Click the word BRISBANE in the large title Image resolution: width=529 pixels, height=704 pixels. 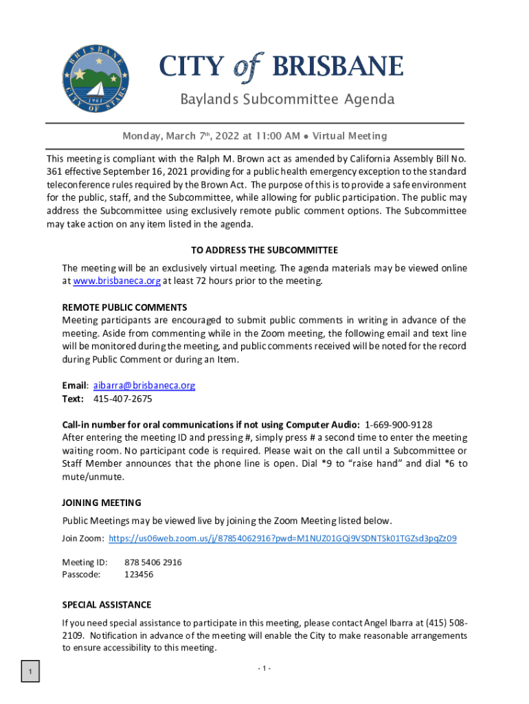click(337, 67)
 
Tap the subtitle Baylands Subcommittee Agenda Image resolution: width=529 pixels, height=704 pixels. click(287, 100)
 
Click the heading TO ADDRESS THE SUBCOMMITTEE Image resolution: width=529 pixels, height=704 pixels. click(264, 250)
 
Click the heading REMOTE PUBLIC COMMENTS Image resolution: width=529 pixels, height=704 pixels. click(124, 307)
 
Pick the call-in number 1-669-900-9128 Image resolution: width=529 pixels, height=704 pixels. click(398, 424)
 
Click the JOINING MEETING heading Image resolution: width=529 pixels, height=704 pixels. click(102, 503)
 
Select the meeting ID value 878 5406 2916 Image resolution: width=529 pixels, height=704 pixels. click(153, 562)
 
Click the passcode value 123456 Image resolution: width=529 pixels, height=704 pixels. click(139, 574)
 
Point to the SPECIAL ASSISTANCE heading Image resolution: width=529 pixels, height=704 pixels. click(106, 605)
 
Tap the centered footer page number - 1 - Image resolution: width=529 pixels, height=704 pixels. click(264, 669)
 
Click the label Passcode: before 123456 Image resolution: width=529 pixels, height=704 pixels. click(81, 574)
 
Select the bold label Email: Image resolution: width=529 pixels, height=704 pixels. click(75, 386)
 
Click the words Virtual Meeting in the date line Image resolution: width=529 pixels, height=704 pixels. click(350, 136)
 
